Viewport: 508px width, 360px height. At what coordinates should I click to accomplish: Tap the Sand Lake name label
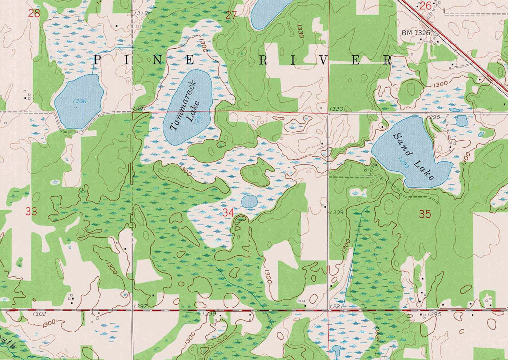point(414,156)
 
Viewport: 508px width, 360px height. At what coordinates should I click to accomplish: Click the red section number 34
point(228,212)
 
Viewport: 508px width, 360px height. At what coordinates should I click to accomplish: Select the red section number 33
point(31,211)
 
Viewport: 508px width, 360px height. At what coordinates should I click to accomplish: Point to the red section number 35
point(425,214)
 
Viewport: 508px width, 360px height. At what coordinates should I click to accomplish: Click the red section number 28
point(34,13)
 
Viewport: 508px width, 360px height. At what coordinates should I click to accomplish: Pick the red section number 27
point(231,15)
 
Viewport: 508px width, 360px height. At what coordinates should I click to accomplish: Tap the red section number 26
point(425,5)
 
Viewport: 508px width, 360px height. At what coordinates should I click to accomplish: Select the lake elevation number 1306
point(79,101)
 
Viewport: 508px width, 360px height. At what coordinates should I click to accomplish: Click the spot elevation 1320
point(336,109)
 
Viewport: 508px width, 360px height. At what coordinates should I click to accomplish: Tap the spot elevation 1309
point(336,212)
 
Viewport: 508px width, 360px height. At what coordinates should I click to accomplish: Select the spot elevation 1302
point(39,314)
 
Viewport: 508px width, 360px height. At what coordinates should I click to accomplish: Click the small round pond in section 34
point(249,202)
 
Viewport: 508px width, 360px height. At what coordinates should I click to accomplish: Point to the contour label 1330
point(300,31)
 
